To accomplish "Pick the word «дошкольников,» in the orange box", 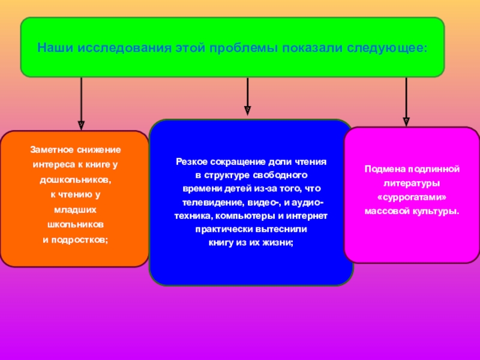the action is tap(76, 179).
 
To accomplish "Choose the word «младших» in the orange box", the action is tap(76, 209).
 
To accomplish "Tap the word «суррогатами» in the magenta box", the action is tap(412, 197).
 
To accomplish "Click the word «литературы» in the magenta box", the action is tap(412, 183).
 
